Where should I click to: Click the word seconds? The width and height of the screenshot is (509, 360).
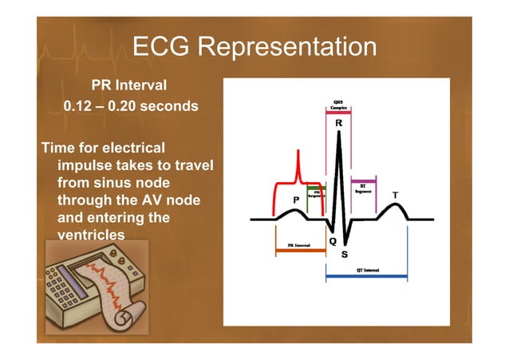pyautogui.click(x=171, y=106)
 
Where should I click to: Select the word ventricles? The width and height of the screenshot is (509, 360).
pyautogui.click(x=91, y=235)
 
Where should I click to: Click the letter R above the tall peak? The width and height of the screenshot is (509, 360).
pyautogui.click(x=339, y=124)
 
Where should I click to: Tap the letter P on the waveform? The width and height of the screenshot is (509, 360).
pyautogui.click(x=297, y=199)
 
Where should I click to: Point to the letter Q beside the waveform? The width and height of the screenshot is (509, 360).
pyautogui.click(x=332, y=240)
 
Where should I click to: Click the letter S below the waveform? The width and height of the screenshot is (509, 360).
pyautogui.click(x=345, y=255)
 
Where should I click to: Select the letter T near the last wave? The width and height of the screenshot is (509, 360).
pyautogui.click(x=394, y=195)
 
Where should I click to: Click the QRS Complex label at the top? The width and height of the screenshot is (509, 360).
pyautogui.click(x=338, y=105)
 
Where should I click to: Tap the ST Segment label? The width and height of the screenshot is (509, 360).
pyautogui.click(x=363, y=189)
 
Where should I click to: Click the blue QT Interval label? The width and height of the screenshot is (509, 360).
pyautogui.click(x=367, y=270)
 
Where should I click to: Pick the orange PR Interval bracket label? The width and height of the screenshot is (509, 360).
pyautogui.click(x=298, y=246)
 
